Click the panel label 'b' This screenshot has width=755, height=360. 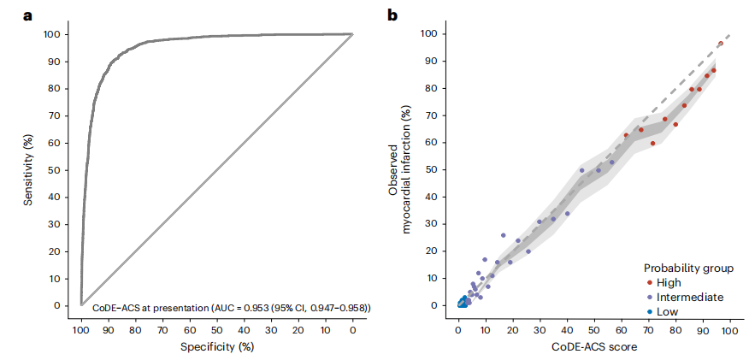coord(392,14)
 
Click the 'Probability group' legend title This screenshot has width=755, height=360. coord(688,268)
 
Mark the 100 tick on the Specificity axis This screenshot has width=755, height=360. coord(80,328)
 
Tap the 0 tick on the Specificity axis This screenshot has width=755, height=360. coord(352,328)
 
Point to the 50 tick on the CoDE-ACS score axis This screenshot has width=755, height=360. coord(593,328)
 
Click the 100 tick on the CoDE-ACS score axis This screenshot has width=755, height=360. coord(729,328)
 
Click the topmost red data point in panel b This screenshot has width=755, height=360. coord(721,43)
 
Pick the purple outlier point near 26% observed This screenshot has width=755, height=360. coord(504,235)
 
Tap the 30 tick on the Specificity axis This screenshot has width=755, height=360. coord(271,328)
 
